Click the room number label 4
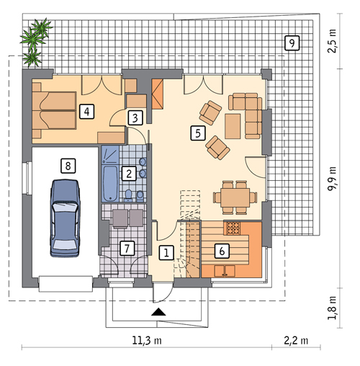(x=86, y=112)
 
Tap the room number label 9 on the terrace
(x=292, y=43)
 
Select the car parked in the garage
(x=65, y=218)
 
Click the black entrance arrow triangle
(x=158, y=311)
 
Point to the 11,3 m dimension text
(x=147, y=340)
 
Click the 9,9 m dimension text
(x=332, y=179)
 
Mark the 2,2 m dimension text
(x=296, y=340)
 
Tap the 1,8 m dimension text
(x=332, y=308)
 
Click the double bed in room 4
(x=54, y=110)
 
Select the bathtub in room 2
(x=110, y=183)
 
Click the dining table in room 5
(x=235, y=197)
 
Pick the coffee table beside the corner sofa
(x=233, y=126)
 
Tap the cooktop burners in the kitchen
(x=233, y=228)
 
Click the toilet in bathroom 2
(x=129, y=195)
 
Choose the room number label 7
(x=127, y=249)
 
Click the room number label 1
(x=166, y=253)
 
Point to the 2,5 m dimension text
(x=332, y=41)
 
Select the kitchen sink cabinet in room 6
(x=225, y=271)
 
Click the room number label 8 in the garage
(x=68, y=166)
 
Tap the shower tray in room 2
(x=110, y=155)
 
